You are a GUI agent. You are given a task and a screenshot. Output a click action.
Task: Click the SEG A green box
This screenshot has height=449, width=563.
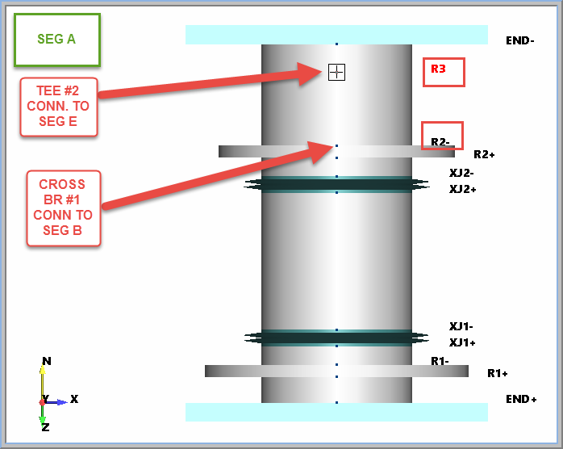point(56,40)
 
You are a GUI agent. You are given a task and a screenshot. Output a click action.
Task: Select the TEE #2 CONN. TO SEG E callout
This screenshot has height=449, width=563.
point(58,106)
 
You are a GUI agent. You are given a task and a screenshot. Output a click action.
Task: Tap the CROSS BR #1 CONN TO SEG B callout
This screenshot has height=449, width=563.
point(63,208)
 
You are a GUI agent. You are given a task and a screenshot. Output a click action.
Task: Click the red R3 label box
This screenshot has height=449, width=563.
point(444,71)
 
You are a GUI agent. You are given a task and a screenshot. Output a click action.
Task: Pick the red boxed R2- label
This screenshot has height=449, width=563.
point(442,136)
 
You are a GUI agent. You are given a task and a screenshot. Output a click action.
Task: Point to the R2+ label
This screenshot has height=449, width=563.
point(484,154)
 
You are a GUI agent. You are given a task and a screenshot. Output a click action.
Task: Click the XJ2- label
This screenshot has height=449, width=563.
point(461,173)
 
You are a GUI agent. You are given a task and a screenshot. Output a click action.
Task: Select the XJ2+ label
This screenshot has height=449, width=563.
point(462,189)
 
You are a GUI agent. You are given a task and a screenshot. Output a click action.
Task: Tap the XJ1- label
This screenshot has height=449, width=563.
point(461,326)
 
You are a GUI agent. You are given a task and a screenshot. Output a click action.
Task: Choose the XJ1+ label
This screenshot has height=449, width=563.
point(462,342)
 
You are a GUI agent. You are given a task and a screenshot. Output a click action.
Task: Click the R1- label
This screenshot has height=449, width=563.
point(440,360)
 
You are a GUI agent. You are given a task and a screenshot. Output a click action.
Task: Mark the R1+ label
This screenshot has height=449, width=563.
point(498,373)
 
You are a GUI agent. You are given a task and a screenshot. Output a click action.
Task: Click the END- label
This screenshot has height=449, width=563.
point(519,40)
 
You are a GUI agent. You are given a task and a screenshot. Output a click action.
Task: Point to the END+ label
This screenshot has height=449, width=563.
point(521,399)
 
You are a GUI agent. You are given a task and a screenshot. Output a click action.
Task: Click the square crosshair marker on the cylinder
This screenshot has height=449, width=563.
point(336,72)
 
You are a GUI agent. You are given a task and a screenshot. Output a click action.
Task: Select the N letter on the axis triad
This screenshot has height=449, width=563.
point(47,361)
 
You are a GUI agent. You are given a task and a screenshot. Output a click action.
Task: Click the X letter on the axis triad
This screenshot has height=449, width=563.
point(74,399)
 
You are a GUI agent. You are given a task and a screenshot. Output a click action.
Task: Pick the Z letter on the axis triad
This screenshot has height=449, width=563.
point(45,426)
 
